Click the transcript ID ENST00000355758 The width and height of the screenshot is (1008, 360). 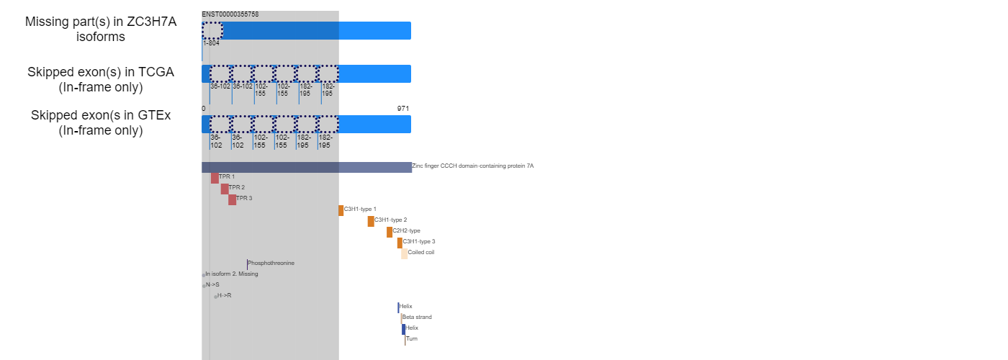pyautogui.click(x=230, y=14)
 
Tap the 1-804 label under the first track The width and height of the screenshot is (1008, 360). pyautogui.click(x=212, y=43)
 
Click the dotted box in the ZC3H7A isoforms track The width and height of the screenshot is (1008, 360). pyautogui.click(x=212, y=30)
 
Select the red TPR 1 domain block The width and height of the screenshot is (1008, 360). pyautogui.click(x=215, y=179)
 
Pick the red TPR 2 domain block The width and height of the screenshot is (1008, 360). pyautogui.click(x=225, y=189)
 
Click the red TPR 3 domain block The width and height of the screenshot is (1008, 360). pyautogui.click(x=232, y=200)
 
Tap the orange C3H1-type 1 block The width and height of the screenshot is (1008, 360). pyautogui.click(x=341, y=210)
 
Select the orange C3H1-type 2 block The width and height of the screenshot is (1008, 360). pyautogui.click(x=371, y=222)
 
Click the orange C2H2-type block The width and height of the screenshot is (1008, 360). pyautogui.click(x=390, y=232)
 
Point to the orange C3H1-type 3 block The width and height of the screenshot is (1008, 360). pyautogui.click(x=400, y=243)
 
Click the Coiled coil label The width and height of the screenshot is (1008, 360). pyautogui.click(x=421, y=253)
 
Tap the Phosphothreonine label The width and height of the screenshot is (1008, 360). pyautogui.click(x=271, y=264)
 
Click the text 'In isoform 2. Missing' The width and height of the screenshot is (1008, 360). pyautogui.click(x=232, y=274)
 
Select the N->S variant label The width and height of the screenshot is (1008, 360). pyautogui.click(x=212, y=285)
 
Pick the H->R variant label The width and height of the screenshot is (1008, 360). pyautogui.click(x=224, y=296)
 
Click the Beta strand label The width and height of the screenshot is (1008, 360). pyautogui.click(x=417, y=318)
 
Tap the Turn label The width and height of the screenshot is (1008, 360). pyautogui.click(x=412, y=339)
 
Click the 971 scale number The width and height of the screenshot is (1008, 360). pyautogui.click(x=403, y=109)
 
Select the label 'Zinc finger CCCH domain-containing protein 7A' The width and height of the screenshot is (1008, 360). pyautogui.click(x=473, y=166)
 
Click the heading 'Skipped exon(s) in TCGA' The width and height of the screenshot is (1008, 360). pyautogui.click(x=101, y=72)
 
